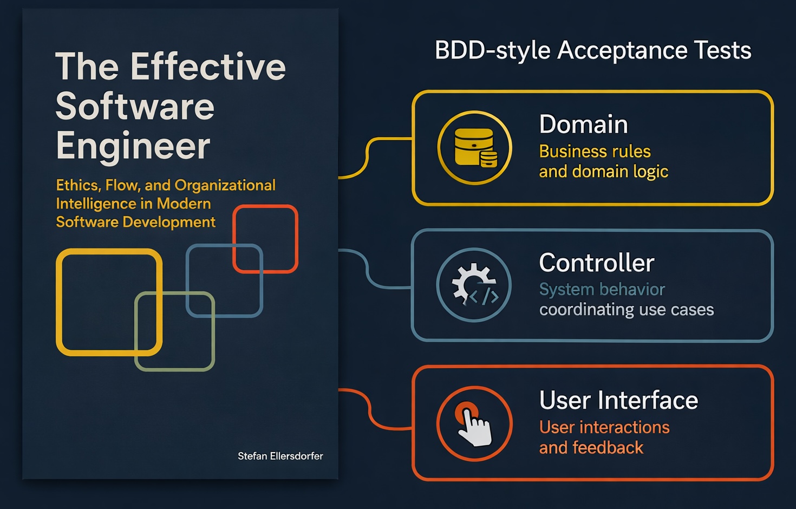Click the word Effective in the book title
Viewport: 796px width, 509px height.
pyautogui.click(x=208, y=67)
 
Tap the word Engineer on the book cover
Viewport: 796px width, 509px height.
pyautogui.click(x=133, y=146)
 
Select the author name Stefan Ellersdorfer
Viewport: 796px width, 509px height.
pyautogui.click(x=280, y=456)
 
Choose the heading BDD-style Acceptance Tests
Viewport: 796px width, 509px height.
pyautogui.click(x=593, y=50)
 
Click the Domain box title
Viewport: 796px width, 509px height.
pyautogui.click(x=583, y=125)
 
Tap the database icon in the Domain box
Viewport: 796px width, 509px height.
pyautogui.click(x=475, y=147)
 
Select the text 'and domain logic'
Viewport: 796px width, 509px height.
pyautogui.click(x=603, y=172)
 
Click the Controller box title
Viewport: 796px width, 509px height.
pyautogui.click(x=596, y=263)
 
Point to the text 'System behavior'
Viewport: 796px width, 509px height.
pyautogui.click(x=602, y=290)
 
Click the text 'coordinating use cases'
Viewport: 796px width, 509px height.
pyautogui.click(x=626, y=310)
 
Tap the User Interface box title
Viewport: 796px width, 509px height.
pyautogui.click(x=618, y=401)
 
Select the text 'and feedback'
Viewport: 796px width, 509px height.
pyautogui.click(x=591, y=448)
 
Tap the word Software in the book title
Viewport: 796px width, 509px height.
pyautogui.click(x=135, y=106)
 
